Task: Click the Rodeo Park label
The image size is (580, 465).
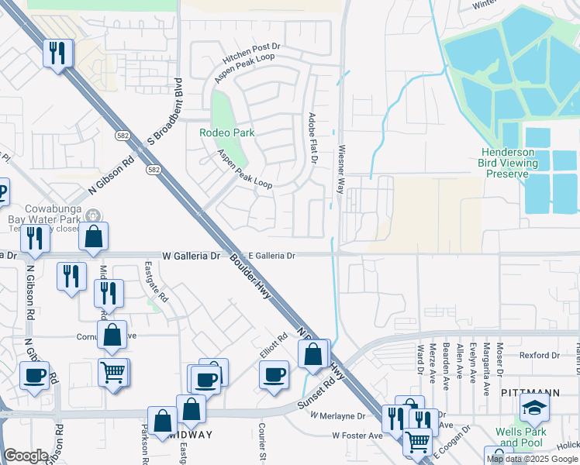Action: pyautogui.click(x=226, y=133)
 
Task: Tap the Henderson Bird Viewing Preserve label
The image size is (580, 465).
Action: pyautogui.click(x=509, y=163)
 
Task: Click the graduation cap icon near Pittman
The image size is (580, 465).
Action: pyautogui.click(x=535, y=408)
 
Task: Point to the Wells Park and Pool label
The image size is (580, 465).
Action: pyautogui.click(x=521, y=437)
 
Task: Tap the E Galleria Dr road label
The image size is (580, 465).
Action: pyautogui.click(x=271, y=255)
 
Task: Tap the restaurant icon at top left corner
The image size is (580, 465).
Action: pyautogui.click(x=58, y=53)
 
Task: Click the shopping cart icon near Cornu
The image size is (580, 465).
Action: pyautogui.click(x=113, y=372)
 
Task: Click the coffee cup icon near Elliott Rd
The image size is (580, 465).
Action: pyautogui.click(x=274, y=376)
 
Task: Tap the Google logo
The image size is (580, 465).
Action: pyautogui.click(x=26, y=456)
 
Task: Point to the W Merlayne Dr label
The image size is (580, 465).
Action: pyautogui.click(x=338, y=416)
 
